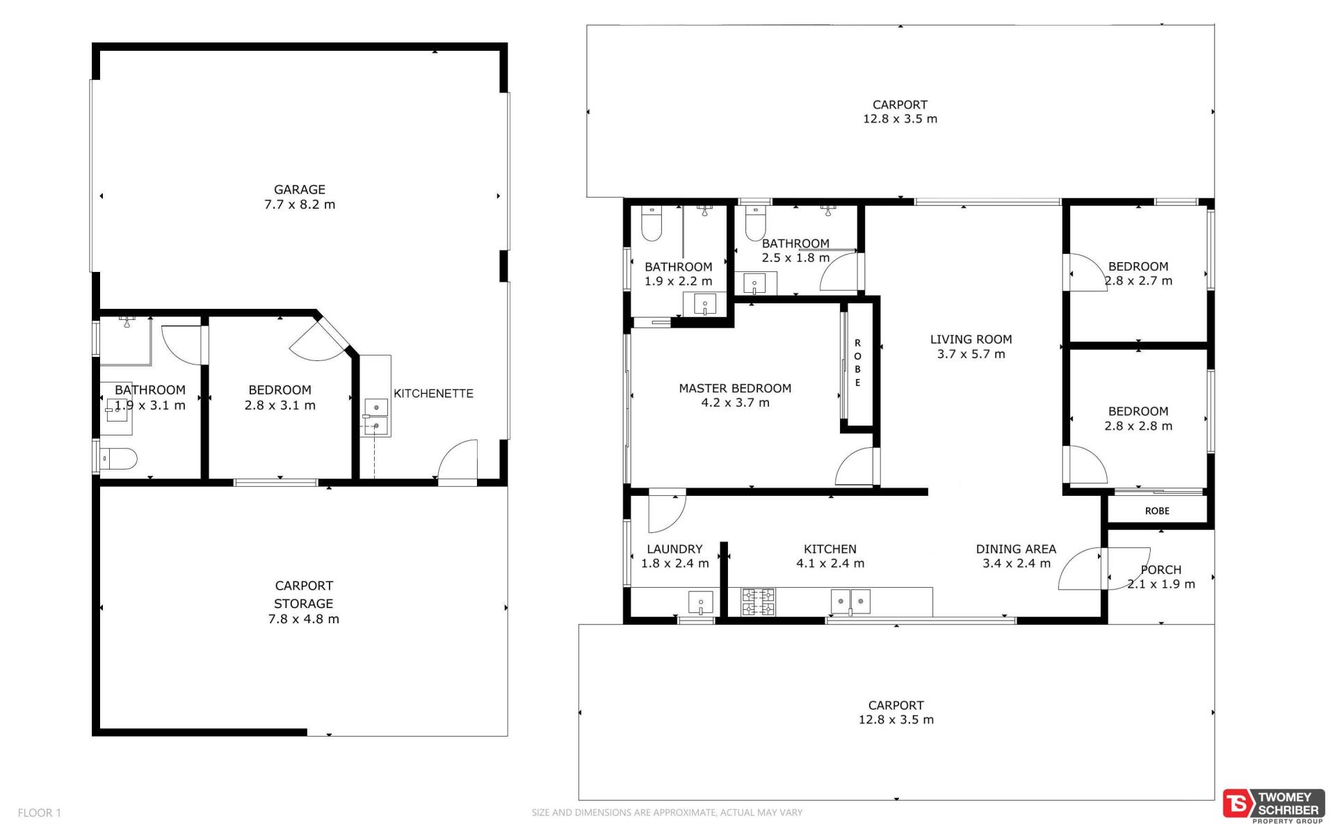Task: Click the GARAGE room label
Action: click(300, 189)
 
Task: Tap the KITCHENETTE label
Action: click(433, 393)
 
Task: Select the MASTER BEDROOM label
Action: click(735, 388)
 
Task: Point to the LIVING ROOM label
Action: click(971, 339)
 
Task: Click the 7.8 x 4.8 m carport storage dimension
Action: click(304, 619)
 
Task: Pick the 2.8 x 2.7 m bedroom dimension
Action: click(1138, 281)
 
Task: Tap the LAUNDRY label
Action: click(674, 549)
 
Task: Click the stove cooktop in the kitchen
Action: click(758, 602)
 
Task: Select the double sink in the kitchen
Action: click(851, 601)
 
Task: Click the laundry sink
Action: click(700, 602)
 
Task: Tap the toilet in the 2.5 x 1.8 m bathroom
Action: click(755, 223)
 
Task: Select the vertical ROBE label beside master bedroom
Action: click(857, 362)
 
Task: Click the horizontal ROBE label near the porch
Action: click(1157, 511)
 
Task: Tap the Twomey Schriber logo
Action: click(1272, 806)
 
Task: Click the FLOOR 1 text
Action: click(40, 812)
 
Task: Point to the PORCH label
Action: click(1160, 570)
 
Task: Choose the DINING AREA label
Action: click(1016, 549)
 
